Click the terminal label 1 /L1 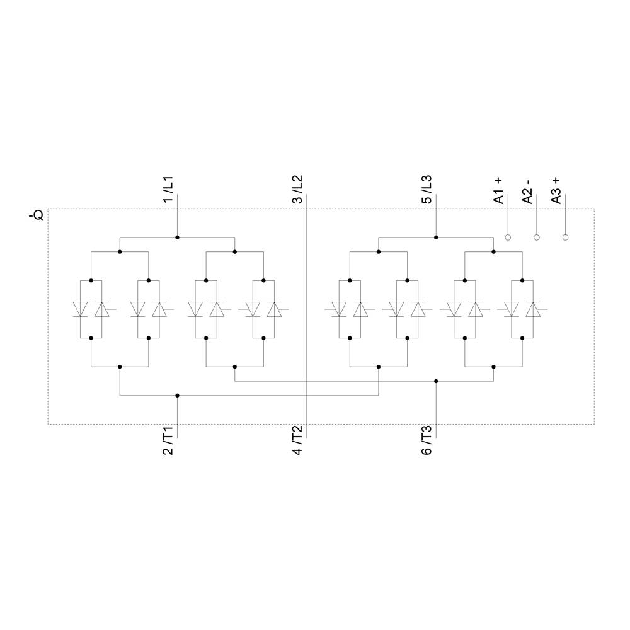pos(168,188)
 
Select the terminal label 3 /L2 pos(297,188)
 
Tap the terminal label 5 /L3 pos(427,188)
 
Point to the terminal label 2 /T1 pos(168,440)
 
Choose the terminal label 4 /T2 pos(297,440)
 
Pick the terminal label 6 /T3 pos(427,440)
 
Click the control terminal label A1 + pos(498,188)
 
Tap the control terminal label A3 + pos(556,188)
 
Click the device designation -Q pos(37,215)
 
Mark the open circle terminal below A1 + pos(508,238)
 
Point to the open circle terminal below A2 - pos(537,238)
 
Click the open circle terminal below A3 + pos(566,238)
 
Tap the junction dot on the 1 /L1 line pos(177,238)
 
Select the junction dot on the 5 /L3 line pos(436,238)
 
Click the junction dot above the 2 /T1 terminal pos(177,396)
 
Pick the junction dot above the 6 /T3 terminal pos(436,381)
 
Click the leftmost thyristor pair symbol pos(91,309)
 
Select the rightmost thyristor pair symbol pos(523,309)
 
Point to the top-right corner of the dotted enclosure pos(594,209)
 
